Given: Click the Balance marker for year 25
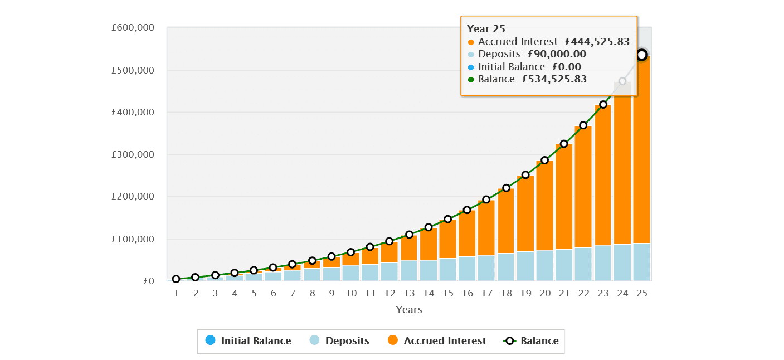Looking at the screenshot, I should (642, 55).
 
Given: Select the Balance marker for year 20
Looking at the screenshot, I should (545, 160).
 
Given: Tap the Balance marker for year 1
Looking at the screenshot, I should (176, 279).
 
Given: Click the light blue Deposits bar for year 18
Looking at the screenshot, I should (506, 267).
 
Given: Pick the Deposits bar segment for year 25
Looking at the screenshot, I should (642, 262).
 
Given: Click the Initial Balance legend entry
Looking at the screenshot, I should (248, 340).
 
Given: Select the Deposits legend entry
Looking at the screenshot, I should (339, 340).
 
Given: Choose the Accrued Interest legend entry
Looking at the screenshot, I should (437, 340).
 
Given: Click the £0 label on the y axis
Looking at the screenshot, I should (149, 281).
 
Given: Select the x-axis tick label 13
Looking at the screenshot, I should (409, 293).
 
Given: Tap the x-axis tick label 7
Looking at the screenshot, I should (293, 293).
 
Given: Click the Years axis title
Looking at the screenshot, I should (409, 310).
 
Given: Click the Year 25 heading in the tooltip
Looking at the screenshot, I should (486, 29).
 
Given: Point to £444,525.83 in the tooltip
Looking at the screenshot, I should (597, 41).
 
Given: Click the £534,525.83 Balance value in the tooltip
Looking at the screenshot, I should (554, 79).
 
